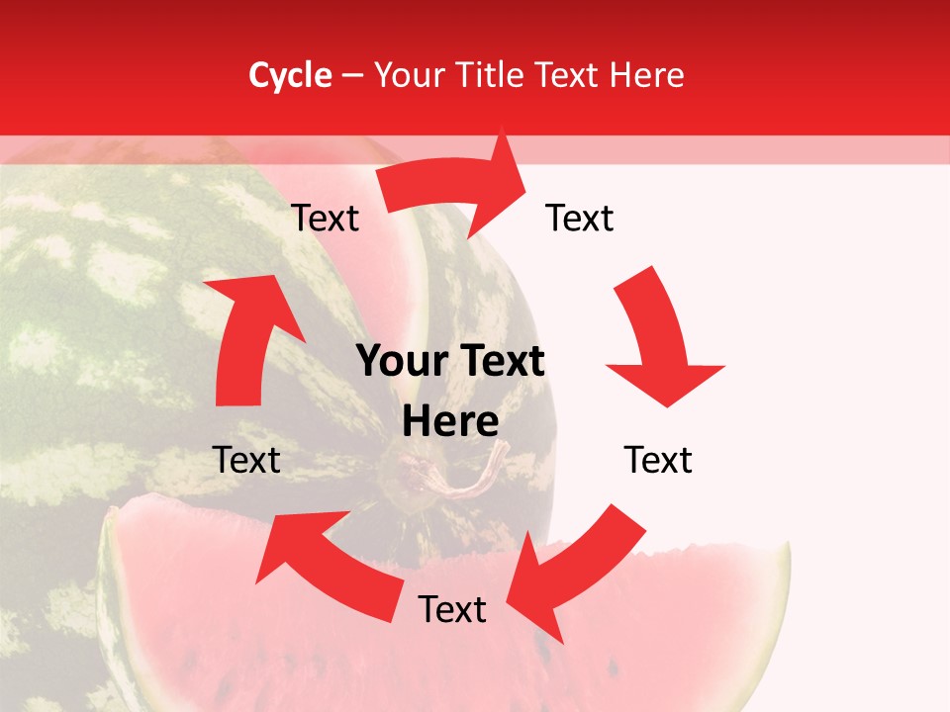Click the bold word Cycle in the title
290,75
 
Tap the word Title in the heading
495,75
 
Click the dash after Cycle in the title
352,75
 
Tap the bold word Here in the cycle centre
450,422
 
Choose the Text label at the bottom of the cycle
452,609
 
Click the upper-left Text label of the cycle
326,219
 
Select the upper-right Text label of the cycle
580,219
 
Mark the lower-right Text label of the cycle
658,460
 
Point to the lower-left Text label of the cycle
247,460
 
